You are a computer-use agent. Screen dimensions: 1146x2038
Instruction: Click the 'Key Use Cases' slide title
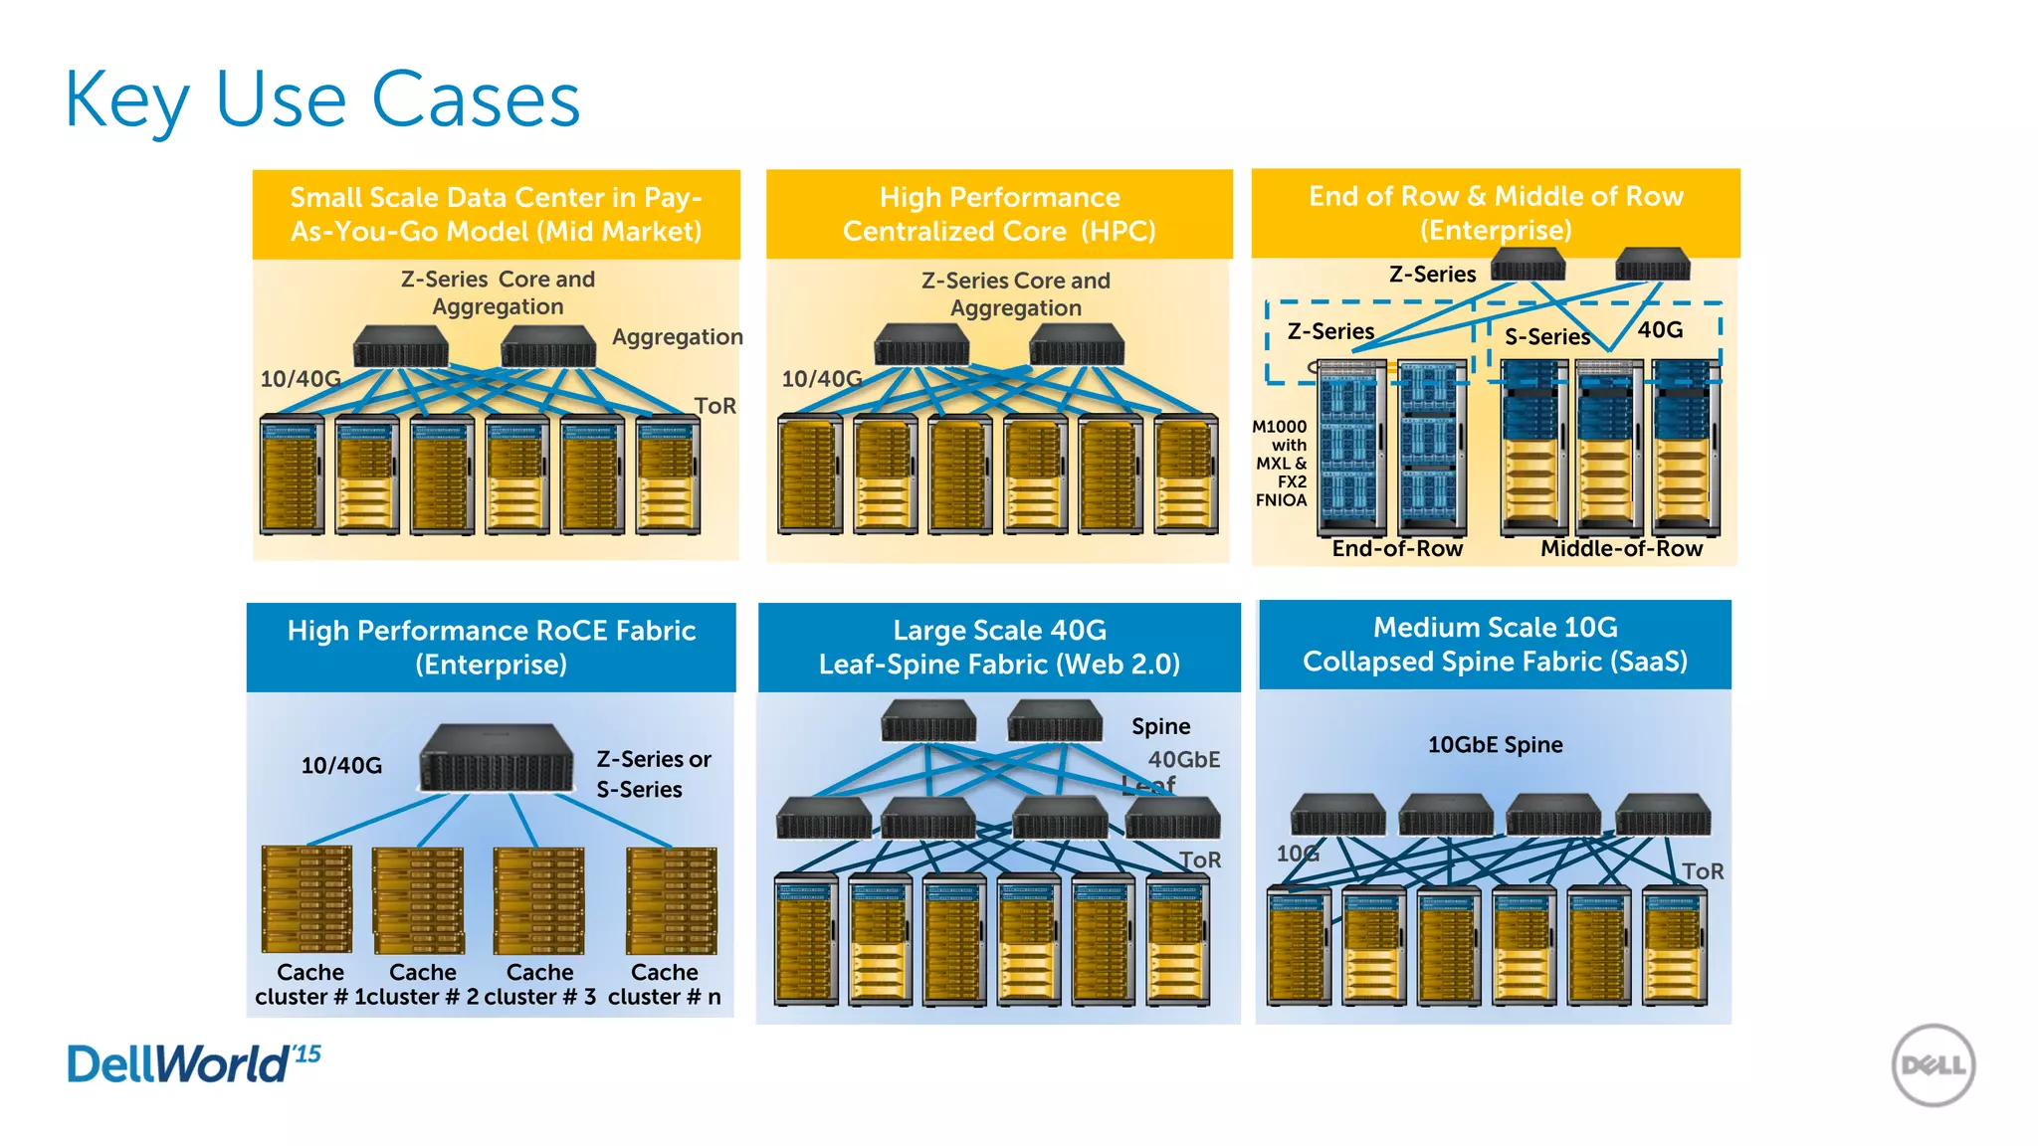pyautogui.click(x=321, y=99)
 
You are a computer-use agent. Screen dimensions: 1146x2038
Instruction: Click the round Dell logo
pyautogui.click(x=1933, y=1065)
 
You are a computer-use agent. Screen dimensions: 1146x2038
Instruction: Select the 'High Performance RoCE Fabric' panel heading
pyautogui.click(x=492, y=647)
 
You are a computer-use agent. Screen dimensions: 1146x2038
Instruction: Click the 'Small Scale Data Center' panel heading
pyautogui.click(x=496, y=214)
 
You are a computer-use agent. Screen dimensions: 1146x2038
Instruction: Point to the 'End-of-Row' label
pyautogui.click(x=1397, y=548)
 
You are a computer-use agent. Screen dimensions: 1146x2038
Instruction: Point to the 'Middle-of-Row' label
pyautogui.click(x=1621, y=548)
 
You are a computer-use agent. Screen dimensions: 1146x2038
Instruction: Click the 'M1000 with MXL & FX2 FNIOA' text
pyautogui.click(x=1281, y=463)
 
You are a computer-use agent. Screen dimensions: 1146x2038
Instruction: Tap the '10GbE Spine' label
pyautogui.click(x=1495, y=744)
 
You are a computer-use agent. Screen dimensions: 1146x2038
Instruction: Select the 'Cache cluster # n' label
pyautogui.click(x=665, y=984)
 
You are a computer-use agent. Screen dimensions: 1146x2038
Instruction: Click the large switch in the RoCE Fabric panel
pyautogui.click(x=497, y=758)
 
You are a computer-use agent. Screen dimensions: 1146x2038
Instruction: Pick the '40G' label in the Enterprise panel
pyautogui.click(x=1660, y=329)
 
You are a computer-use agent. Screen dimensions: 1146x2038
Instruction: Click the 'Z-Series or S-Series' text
pyautogui.click(x=653, y=774)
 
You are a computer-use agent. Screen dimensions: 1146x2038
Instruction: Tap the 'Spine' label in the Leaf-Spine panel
pyautogui.click(x=1160, y=726)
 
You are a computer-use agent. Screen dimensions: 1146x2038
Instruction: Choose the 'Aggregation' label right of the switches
pyautogui.click(x=677, y=337)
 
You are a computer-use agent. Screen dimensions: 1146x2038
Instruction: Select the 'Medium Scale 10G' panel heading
pyautogui.click(x=1495, y=644)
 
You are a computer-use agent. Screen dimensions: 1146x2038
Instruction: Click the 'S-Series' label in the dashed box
pyautogui.click(x=1546, y=337)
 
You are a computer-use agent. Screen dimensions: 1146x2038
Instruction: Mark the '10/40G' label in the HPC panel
pyautogui.click(x=821, y=379)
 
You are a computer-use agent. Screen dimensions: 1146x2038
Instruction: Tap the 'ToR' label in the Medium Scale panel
pyautogui.click(x=1702, y=871)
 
